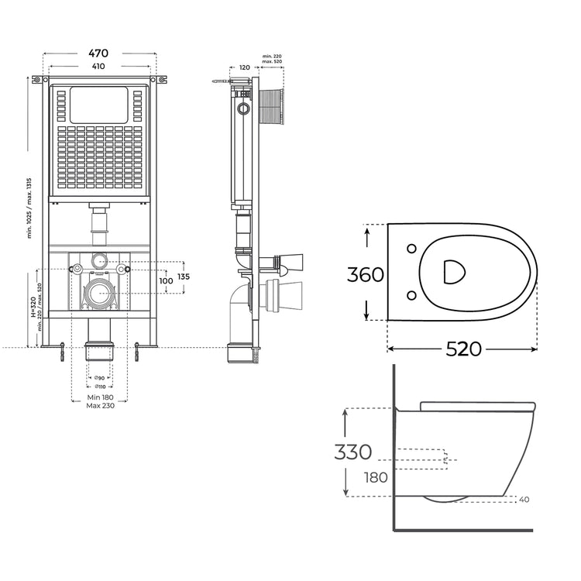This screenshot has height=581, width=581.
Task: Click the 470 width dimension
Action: point(98,53)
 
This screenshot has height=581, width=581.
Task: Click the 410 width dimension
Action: point(98,67)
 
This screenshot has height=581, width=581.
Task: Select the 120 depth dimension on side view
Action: point(245,67)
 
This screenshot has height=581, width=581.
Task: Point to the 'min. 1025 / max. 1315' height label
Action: point(29,208)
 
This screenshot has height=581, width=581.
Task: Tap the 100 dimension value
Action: point(166,280)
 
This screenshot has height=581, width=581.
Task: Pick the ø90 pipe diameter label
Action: point(99,377)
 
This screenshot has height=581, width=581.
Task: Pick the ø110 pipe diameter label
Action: point(99,387)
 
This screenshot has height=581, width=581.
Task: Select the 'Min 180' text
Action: point(99,397)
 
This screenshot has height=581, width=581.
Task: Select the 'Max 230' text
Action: point(99,406)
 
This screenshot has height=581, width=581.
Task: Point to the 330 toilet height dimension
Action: point(353,452)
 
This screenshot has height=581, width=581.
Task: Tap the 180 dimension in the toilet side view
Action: point(376,477)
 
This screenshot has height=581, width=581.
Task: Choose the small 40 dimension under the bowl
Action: point(524,500)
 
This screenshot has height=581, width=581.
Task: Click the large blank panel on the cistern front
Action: point(98,105)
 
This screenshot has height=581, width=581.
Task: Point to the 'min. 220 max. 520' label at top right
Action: point(272,60)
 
